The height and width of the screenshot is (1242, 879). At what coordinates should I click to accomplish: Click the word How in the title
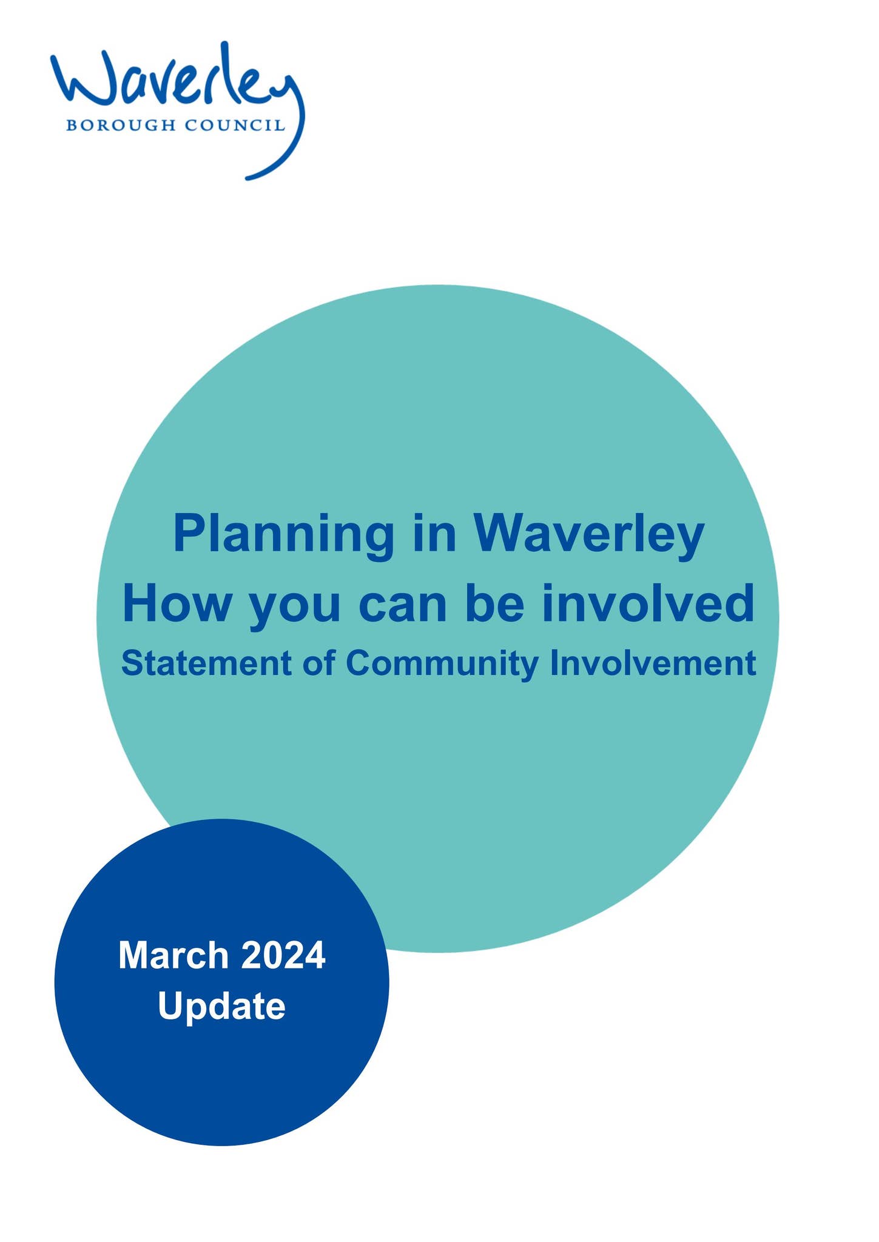coord(175,603)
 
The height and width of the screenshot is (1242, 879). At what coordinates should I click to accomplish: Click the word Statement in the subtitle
coord(206,663)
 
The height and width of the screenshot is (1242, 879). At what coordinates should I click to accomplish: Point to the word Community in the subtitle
coord(442,665)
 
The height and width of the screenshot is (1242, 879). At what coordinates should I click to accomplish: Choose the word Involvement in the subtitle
coord(653,663)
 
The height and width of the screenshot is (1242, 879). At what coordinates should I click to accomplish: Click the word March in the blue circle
coord(173,955)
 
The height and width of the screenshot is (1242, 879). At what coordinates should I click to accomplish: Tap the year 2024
coord(283,955)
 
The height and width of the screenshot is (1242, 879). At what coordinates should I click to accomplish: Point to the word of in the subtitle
coord(319,663)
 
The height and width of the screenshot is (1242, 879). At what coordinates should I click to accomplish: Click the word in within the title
coord(434,534)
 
